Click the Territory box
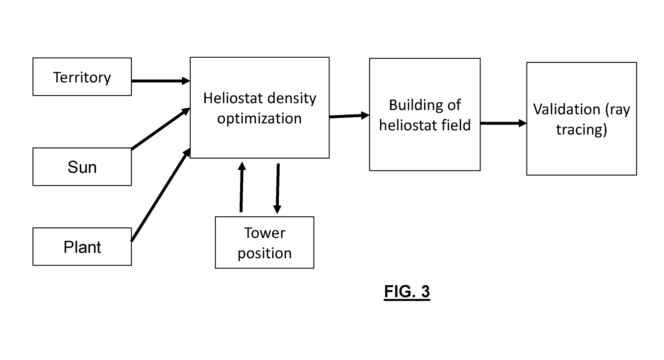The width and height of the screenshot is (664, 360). pos(82,77)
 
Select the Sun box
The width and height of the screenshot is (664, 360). pos(82,167)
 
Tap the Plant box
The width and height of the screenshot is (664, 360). pos(82,246)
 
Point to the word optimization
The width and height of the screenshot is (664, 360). pos(259,118)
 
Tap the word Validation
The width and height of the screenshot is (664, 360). pos(566,109)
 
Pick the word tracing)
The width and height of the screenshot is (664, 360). pos(581,129)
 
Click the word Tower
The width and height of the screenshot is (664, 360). pos(264,233)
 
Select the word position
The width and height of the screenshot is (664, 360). pos(264,253)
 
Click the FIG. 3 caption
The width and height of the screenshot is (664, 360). pos(407,291)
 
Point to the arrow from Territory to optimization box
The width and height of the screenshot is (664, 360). pos(160,81)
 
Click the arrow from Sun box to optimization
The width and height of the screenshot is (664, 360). pos(160,129)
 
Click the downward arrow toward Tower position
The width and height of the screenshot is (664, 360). pos(278,188)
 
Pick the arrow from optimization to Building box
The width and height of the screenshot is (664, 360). pos(349,116)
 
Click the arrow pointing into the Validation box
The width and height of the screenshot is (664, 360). pos(503,123)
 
